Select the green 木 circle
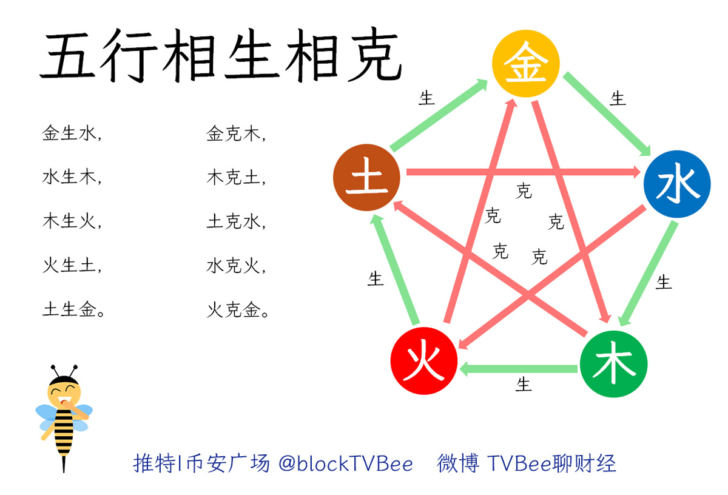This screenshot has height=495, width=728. pos(613,364)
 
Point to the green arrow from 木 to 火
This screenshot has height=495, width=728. pos(519,368)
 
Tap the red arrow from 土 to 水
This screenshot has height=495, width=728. pos(522,173)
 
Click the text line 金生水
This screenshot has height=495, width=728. pos(72,134)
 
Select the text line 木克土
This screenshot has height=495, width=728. pos(236,178)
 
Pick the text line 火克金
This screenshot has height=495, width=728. pos(237,311)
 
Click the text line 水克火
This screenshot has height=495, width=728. pos(236,267)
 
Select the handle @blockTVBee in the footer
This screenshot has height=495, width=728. pos(346,464)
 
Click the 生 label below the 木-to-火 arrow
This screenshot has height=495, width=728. pos(524,385)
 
